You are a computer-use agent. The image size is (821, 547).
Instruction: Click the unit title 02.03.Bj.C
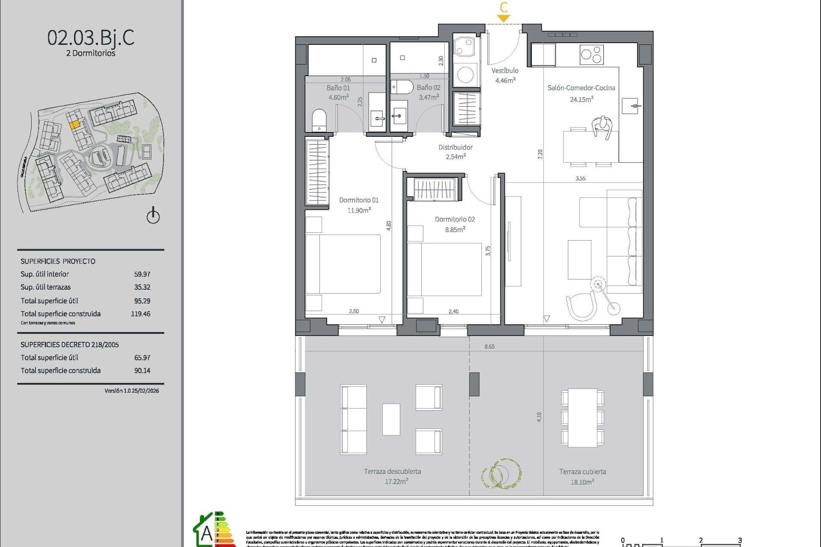click(x=91, y=38)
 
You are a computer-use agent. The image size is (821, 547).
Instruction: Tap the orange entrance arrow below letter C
click(x=503, y=18)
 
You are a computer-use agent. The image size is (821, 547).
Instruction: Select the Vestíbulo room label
click(x=505, y=71)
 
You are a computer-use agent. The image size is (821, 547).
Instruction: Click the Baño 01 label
click(x=338, y=88)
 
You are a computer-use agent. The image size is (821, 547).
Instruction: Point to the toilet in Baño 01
click(x=319, y=120)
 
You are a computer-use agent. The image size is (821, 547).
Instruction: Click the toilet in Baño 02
click(x=402, y=87)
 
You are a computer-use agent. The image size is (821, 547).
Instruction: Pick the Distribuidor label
click(x=455, y=147)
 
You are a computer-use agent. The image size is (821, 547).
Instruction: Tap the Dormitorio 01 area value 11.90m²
click(x=359, y=210)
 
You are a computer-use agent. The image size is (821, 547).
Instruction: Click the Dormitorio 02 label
click(x=455, y=219)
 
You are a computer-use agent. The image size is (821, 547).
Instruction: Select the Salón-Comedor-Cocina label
click(x=581, y=88)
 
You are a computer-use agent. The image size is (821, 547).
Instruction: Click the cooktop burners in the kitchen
click(x=591, y=55)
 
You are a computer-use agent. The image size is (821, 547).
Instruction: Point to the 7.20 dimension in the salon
click(x=540, y=154)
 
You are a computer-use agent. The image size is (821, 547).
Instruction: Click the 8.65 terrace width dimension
click(x=489, y=347)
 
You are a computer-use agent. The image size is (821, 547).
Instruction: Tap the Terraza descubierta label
click(x=392, y=471)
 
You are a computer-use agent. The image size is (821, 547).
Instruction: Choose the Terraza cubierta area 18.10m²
click(x=582, y=482)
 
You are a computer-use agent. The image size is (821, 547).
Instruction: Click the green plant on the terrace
click(x=501, y=473)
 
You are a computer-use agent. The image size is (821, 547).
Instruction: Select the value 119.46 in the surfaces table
click(x=140, y=314)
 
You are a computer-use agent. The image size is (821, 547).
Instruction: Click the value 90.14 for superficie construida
click(x=142, y=371)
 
